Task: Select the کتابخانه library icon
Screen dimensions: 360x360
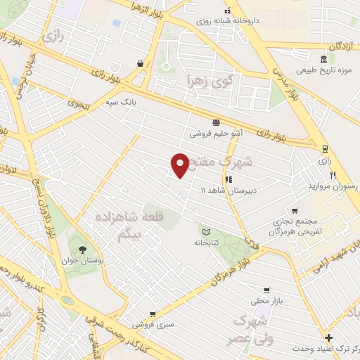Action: point(206,231)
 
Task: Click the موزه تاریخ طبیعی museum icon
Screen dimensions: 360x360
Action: point(323,58)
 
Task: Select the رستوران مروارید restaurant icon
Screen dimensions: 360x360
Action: point(333,175)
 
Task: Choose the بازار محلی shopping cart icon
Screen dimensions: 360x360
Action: point(266,290)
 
